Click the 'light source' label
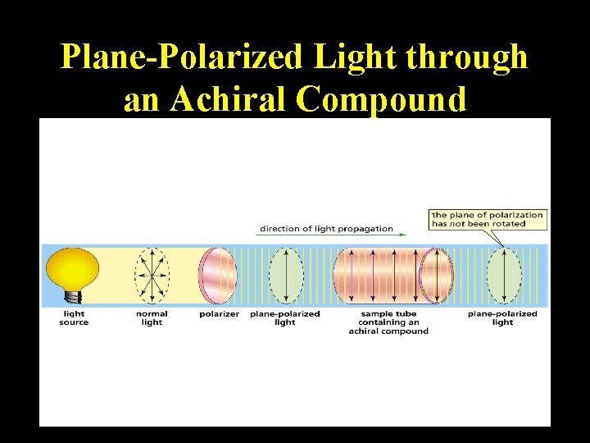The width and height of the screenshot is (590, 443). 74,318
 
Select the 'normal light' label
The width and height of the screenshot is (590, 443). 152,318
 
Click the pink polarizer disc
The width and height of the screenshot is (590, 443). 218,276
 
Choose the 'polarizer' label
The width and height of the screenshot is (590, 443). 219,314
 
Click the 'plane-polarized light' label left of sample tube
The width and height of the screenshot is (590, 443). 284,318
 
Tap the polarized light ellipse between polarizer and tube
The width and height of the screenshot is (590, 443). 285,276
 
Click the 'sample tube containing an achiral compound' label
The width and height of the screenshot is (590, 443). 388,322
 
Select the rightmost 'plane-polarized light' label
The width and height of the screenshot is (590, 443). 502,318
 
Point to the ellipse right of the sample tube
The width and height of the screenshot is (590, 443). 503,276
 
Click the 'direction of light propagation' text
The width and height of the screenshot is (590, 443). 326,229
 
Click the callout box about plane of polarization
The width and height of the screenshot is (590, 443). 487,219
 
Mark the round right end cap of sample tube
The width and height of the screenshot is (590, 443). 436,276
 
